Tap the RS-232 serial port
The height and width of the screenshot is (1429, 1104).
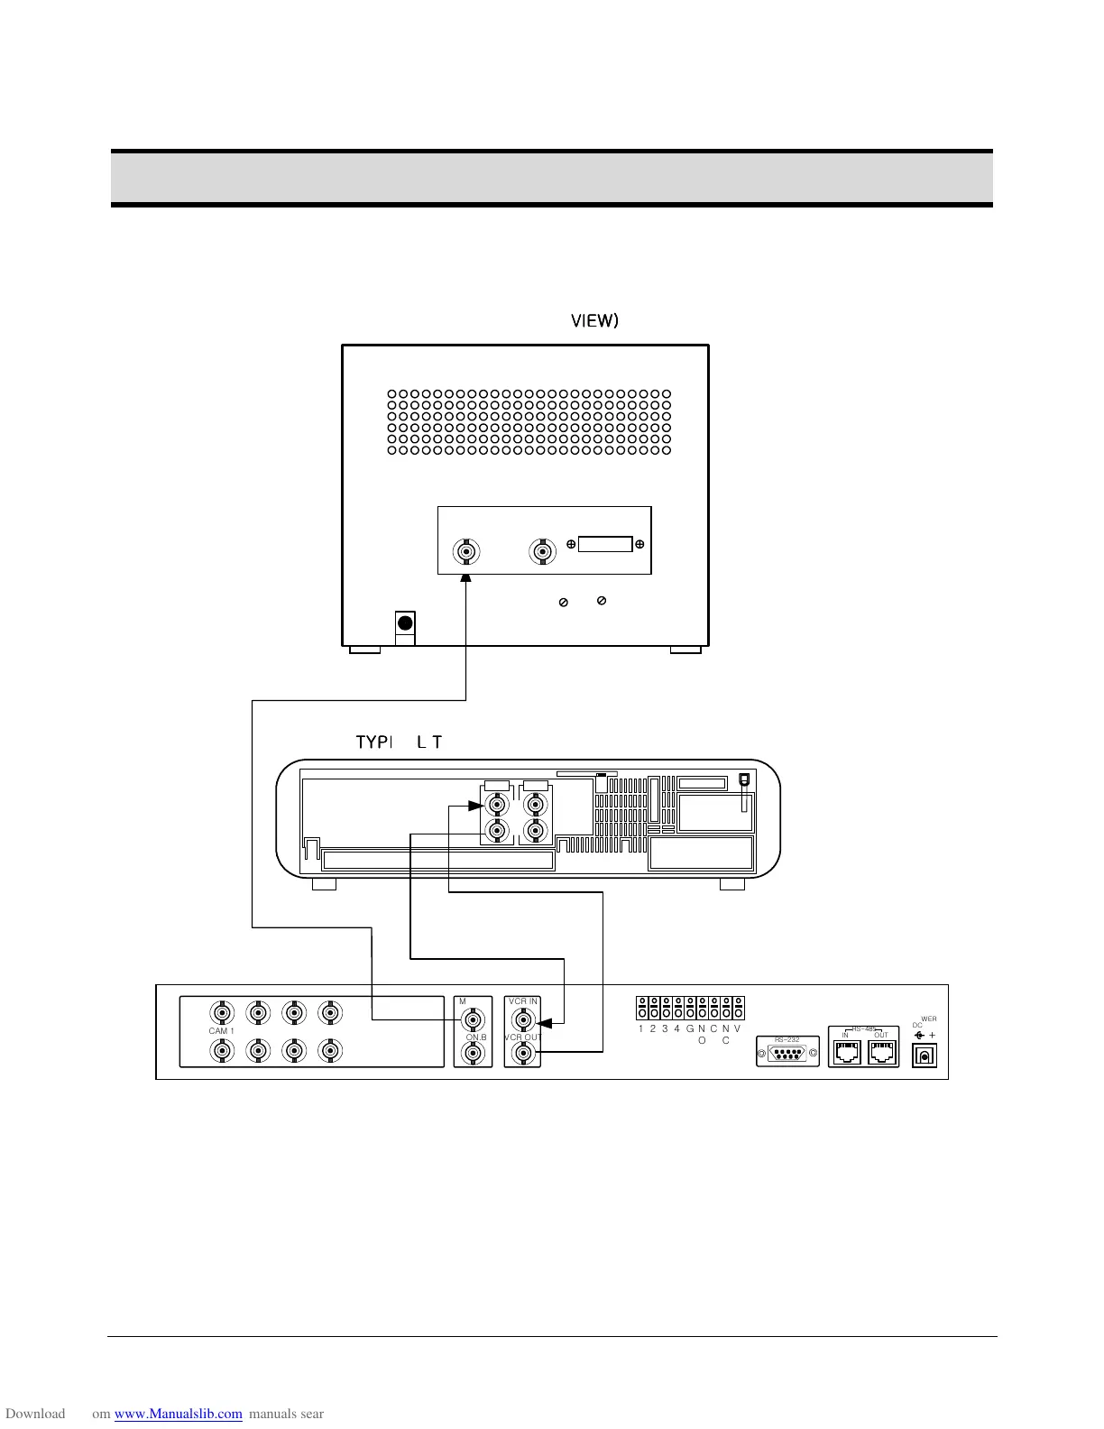click(x=787, y=1053)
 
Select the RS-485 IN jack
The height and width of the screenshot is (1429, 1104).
click(x=845, y=1053)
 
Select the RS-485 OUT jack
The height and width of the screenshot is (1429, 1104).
click(x=883, y=1053)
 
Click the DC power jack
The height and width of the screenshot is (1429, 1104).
click(x=925, y=1055)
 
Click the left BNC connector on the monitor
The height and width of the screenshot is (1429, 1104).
click(x=466, y=551)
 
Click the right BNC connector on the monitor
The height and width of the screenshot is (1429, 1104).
click(x=541, y=551)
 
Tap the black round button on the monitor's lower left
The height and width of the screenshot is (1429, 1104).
click(x=406, y=622)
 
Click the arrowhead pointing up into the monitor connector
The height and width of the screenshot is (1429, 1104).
click(x=466, y=578)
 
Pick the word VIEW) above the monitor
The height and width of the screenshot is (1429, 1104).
click(x=594, y=321)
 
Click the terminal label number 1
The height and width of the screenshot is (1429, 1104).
click(x=640, y=1029)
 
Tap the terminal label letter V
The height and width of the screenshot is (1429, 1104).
click(x=737, y=1029)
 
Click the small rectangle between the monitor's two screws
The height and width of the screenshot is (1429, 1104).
click(x=605, y=544)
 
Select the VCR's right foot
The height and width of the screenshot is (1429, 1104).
click(x=732, y=884)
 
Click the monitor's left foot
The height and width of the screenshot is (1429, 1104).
click(x=364, y=650)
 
